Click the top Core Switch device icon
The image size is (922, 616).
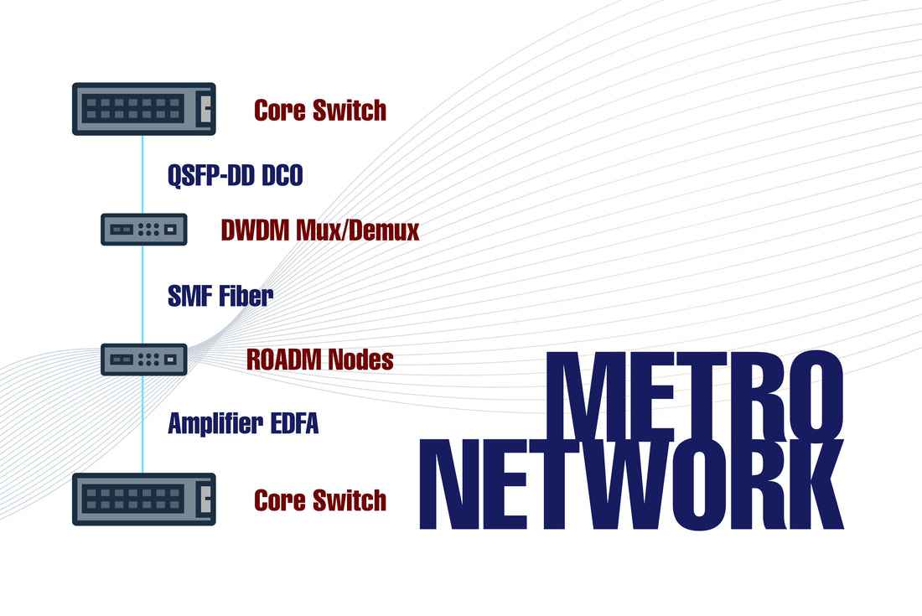pos(143,109)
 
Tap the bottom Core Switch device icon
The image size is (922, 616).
pos(143,500)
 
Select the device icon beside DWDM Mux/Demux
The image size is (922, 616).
pos(143,229)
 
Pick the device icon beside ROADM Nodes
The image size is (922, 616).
pos(143,359)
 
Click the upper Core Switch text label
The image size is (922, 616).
pos(320,110)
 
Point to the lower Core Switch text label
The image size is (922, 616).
pos(320,500)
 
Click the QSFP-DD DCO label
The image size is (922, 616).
pos(236,176)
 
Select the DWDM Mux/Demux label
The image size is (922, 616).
pos(320,230)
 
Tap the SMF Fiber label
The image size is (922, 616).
pos(220,295)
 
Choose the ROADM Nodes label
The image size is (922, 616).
pos(320,360)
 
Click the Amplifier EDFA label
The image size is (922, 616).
pos(243,423)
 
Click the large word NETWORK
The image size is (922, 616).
pos(631,486)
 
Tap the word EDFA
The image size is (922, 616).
pos(294,423)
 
